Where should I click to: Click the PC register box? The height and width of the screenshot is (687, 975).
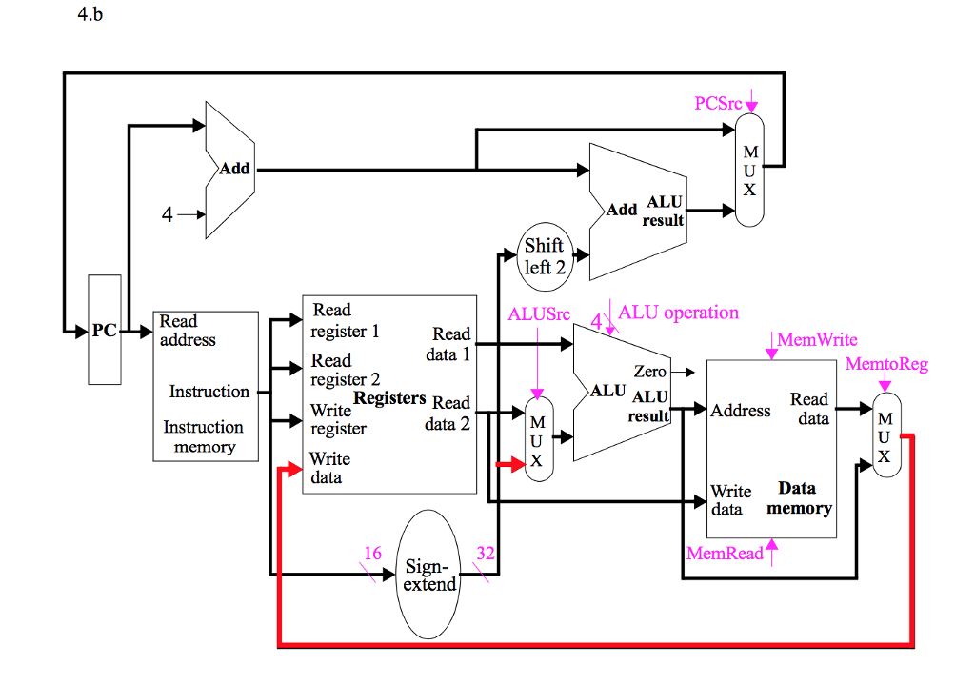105,331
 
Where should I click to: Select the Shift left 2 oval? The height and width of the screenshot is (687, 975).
545,256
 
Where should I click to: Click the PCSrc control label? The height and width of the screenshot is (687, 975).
718,103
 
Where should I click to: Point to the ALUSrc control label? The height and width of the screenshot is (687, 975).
539,313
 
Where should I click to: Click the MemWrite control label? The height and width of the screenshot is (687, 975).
817,339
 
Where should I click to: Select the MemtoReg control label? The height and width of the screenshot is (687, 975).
885,364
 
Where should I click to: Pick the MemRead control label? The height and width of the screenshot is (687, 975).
725,553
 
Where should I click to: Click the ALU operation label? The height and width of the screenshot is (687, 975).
678,313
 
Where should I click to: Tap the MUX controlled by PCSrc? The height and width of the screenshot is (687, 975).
750,171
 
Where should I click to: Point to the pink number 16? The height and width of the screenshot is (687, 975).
372,554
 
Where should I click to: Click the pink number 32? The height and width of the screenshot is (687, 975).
486,554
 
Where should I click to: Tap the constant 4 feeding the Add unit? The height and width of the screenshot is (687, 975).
168,215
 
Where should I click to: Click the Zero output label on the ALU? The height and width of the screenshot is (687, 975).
649,372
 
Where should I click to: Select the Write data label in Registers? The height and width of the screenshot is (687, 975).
328,468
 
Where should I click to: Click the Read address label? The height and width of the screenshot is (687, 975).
188,331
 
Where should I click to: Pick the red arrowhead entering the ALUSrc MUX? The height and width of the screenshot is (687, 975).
518,464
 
